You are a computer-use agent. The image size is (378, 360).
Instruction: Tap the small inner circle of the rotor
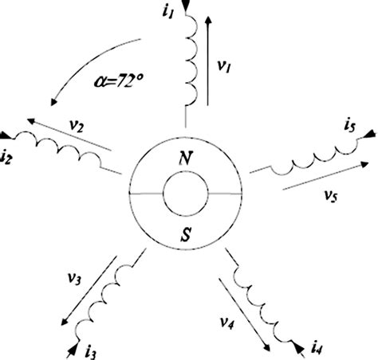coord(186,194)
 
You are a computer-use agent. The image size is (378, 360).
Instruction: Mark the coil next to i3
coord(104,292)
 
